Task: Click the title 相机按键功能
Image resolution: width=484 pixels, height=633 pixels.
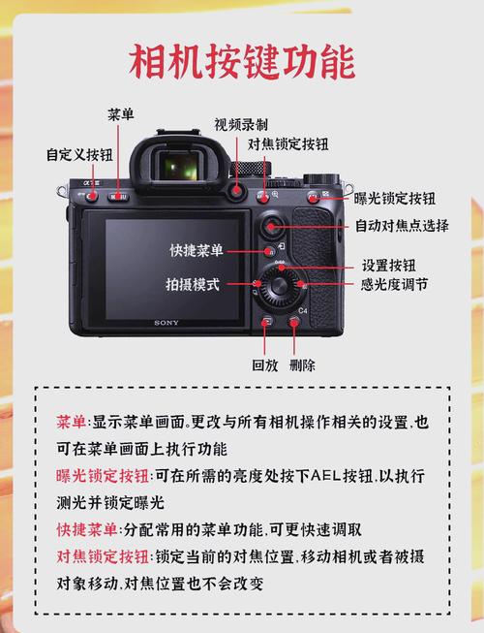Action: tap(242, 61)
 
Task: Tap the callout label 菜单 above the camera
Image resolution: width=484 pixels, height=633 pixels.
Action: tap(121, 114)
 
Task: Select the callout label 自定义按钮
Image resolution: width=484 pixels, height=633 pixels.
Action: tap(78, 154)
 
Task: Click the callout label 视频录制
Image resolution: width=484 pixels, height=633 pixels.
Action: tap(241, 125)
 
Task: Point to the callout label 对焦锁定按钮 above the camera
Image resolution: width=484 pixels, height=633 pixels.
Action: tap(288, 144)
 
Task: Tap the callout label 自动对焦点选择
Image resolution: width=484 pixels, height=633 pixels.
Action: tap(402, 226)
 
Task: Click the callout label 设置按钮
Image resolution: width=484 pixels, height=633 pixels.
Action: tap(388, 265)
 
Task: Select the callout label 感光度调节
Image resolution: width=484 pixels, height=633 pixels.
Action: tap(394, 285)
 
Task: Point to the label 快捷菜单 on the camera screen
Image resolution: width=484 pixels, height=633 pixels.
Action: tap(197, 250)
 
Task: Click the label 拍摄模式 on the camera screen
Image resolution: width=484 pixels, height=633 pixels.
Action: tap(193, 285)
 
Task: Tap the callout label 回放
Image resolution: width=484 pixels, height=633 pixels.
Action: tap(264, 365)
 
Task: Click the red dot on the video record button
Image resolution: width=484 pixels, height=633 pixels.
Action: tap(236, 191)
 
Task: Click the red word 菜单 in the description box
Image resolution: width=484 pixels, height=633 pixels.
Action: tap(72, 424)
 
